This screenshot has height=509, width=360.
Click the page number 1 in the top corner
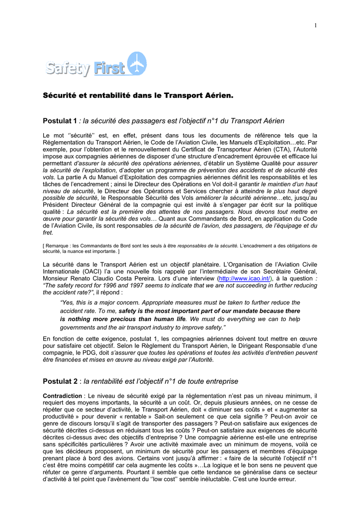coord(315,26)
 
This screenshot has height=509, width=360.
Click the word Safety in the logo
coord(69,69)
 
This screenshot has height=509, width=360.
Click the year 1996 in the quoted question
coord(112,286)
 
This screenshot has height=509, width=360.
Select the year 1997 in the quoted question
coord(139,286)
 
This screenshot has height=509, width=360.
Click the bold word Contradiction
coord(62,396)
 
